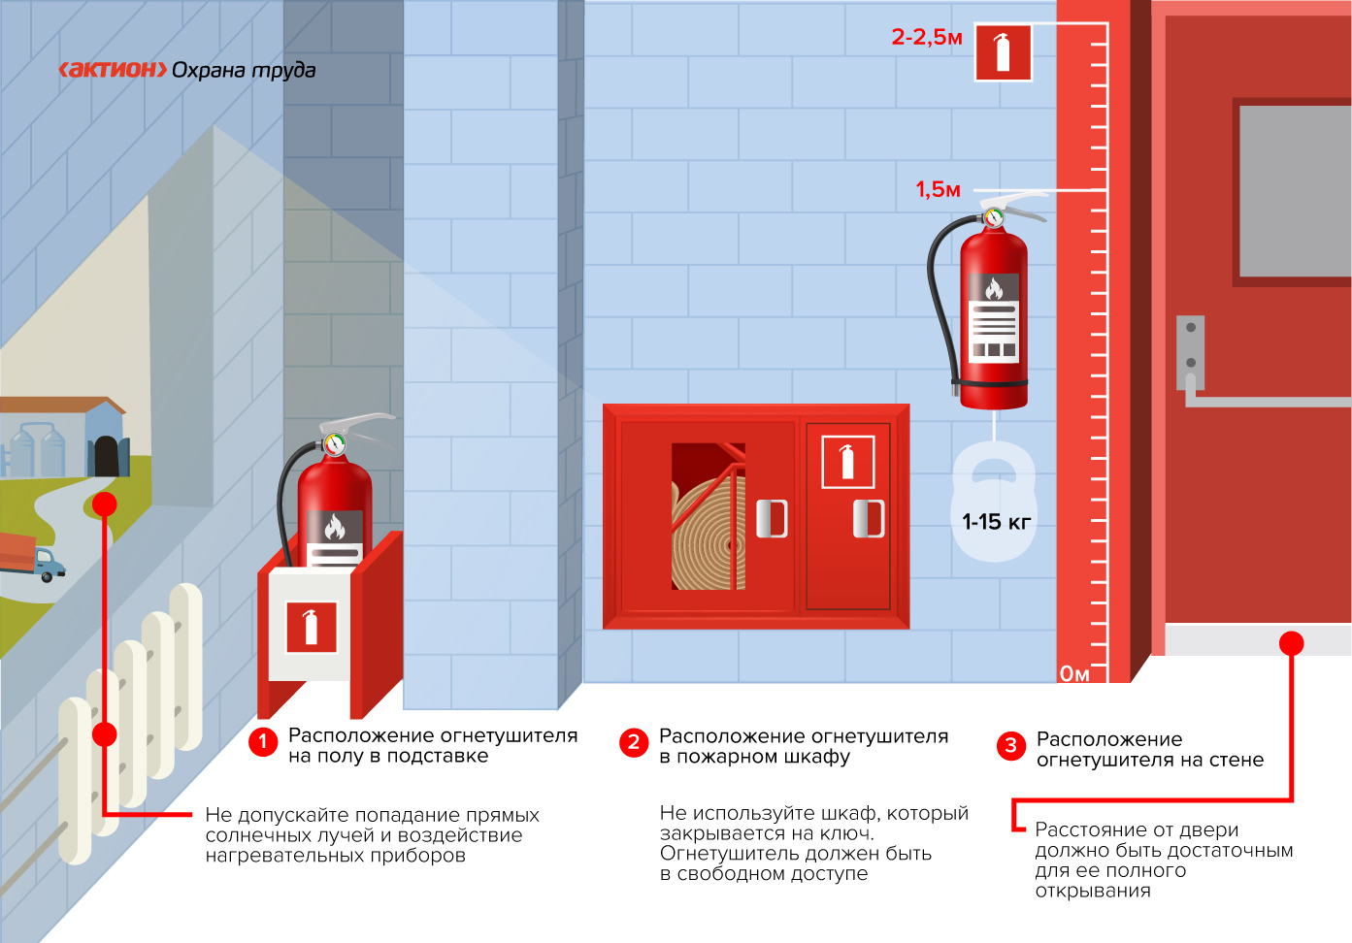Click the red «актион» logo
coord(113,70)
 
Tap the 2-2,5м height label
coord(927,38)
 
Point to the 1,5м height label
coord(938,189)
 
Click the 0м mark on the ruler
coord(1075,673)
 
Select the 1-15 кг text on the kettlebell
coord(997,522)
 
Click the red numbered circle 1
coord(263,741)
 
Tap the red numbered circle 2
coord(634,742)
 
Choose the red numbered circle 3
coord(1011,746)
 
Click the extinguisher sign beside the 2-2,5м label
coord(1004,52)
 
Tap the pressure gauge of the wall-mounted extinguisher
coord(994,217)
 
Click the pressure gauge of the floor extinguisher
coord(334,444)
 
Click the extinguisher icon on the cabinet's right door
coord(848,462)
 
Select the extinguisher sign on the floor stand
coord(312,628)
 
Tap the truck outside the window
coord(31,557)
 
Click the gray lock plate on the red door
coord(1190,352)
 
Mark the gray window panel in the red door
coord(1296,191)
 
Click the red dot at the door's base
coord(1292,643)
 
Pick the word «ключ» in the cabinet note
coord(850,833)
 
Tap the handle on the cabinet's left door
coord(772,518)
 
